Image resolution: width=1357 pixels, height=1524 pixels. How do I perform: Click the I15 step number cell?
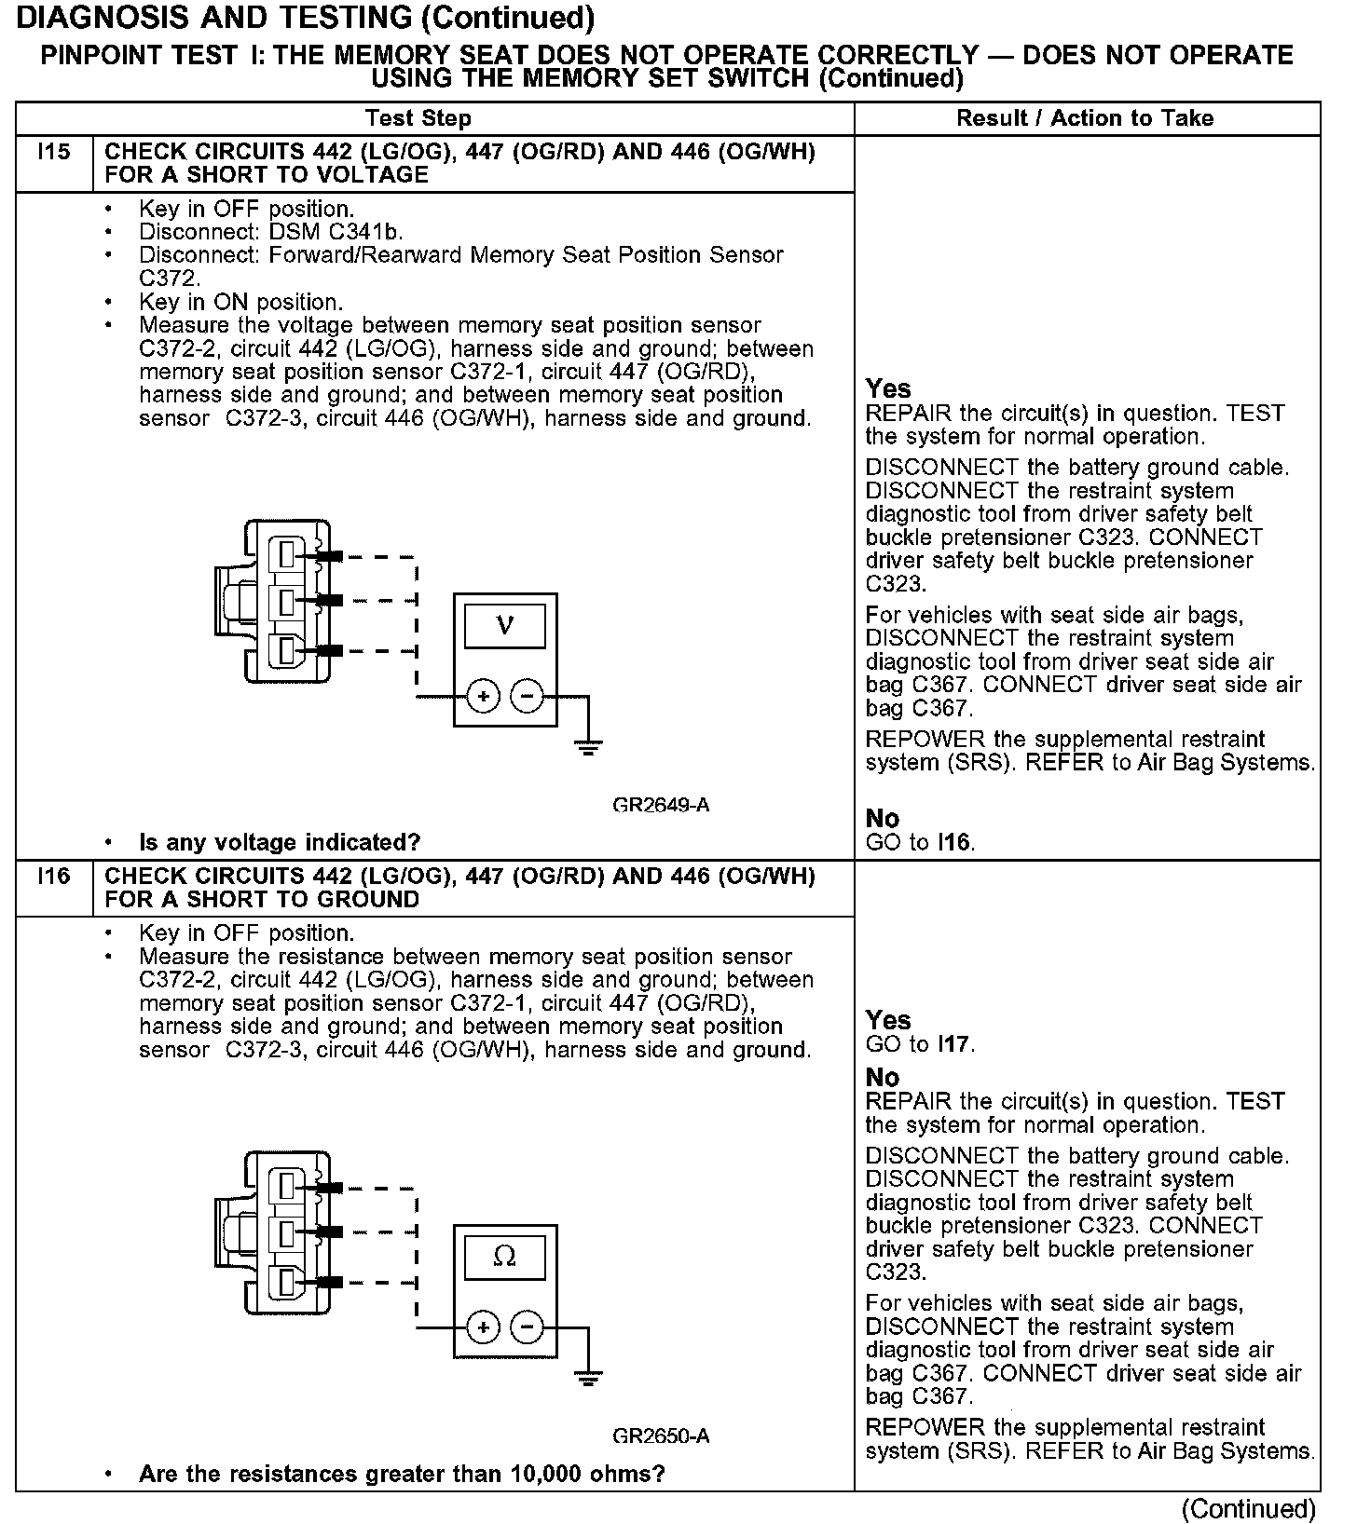(x=54, y=152)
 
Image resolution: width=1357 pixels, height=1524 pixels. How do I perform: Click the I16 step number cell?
(x=54, y=877)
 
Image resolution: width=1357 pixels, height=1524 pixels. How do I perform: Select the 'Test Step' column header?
(x=418, y=118)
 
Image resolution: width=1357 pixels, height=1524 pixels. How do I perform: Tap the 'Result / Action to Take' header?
(x=1085, y=118)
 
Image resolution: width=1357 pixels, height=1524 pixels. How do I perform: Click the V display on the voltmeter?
(x=505, y=625)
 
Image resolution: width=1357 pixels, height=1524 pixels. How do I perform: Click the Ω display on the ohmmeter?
(x=505, y=1257)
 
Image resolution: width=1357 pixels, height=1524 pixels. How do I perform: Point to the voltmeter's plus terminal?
(x=483, y=696)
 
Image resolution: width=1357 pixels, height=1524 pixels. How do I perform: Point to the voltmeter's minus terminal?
(x=528, y=696)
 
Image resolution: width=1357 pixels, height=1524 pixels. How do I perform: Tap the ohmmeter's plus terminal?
(x=483, y=1327)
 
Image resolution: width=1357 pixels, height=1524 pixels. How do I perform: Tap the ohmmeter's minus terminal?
(x=528, y=1327)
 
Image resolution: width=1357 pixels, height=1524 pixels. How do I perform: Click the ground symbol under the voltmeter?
(x=587, y=745)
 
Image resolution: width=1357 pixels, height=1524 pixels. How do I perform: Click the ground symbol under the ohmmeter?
(x=587, y=1377)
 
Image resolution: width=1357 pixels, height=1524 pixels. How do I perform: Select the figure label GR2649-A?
(x=661, y=805)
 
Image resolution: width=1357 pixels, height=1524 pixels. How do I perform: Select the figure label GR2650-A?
(x=661, y=1436)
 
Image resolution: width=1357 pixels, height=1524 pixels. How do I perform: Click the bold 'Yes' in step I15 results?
(x=888, y=388)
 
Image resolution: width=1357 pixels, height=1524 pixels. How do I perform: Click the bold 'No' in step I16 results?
(x=883, y=1078)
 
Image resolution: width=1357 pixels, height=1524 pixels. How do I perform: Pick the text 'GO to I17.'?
(x=920, y=1044)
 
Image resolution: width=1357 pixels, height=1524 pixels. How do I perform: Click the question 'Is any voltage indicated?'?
(x=280, y=843)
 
